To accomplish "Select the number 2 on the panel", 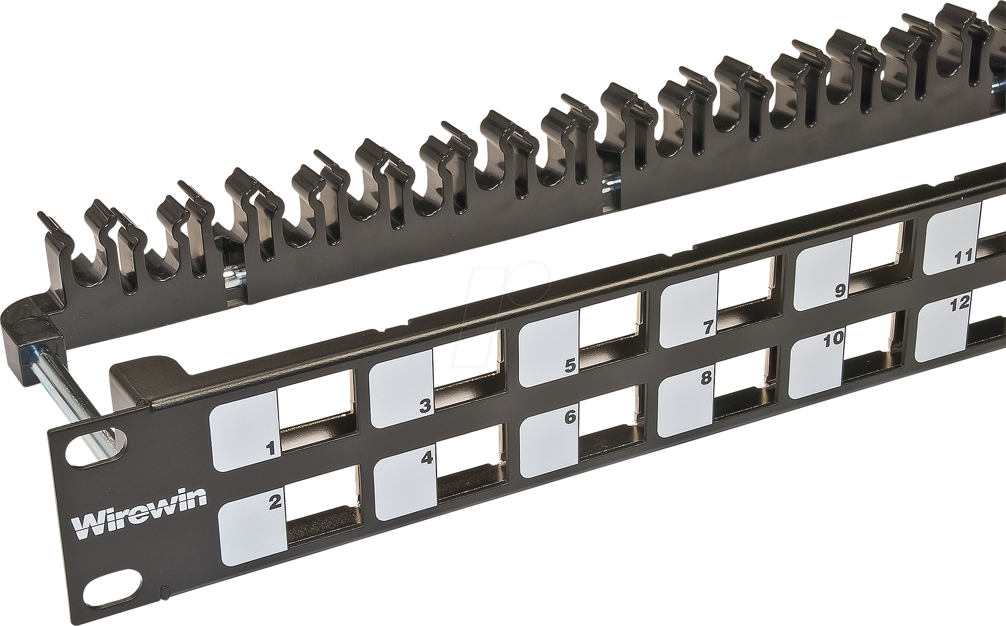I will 274,502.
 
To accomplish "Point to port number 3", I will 425,406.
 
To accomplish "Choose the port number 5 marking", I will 570,366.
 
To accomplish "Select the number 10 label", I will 833,339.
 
